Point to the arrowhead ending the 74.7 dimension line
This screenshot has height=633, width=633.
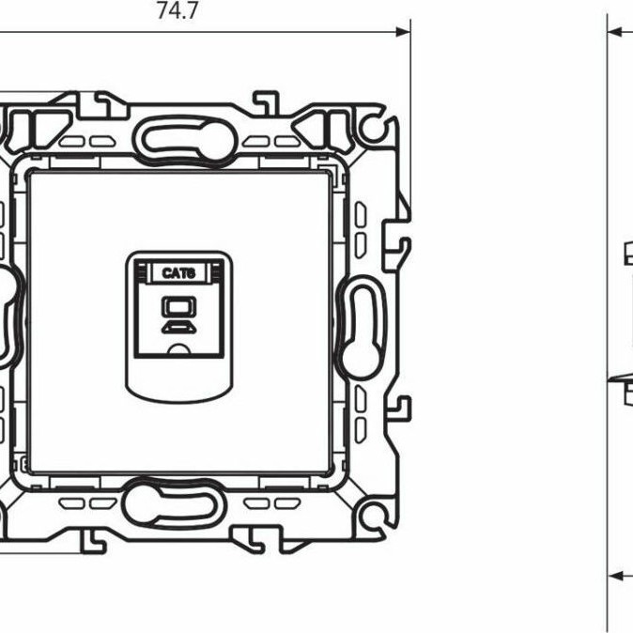[405, 31]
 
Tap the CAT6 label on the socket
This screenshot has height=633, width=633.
[177, 273]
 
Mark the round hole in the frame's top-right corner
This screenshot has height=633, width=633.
[375, 125]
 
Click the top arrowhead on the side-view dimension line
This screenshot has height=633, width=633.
[615, 32]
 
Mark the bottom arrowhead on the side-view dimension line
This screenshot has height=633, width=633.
[615, 575]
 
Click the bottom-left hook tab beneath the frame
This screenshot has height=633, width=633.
[92, 539]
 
